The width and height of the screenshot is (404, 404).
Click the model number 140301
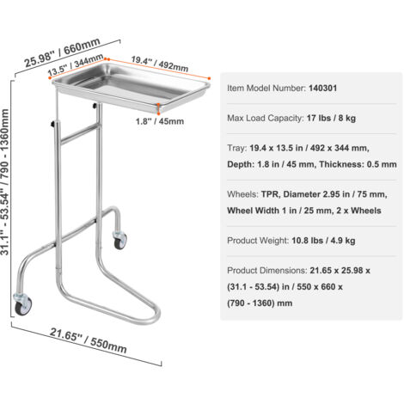[x=322, y=89]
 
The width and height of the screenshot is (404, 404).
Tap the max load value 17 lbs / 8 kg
[x=331, y=118]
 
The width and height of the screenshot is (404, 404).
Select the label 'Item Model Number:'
[x=266, y=89]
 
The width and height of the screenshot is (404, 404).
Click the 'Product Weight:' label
[x=258, y=241]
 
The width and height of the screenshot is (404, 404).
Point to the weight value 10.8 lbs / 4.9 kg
[x=323, y=241]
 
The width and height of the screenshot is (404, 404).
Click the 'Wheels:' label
[x=242, y=194]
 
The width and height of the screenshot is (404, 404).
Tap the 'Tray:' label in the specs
[x=237, y=149]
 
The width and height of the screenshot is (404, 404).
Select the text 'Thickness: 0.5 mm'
[x=358, y=164]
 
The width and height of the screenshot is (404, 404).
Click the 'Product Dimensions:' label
[x=267, y=271]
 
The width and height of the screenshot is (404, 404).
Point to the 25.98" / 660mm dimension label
[x=62, y=52]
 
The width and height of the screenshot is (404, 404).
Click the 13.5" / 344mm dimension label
[x=76, y=64]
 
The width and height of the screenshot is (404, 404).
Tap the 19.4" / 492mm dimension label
[x=160, y=64]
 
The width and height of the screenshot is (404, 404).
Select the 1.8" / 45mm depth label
[x=160, y=121]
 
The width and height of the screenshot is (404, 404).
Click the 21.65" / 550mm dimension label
[x=89, y=340]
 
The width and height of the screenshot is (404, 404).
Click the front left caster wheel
[x=23, y=305]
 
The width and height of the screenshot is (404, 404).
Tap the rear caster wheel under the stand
[x=119, y=241]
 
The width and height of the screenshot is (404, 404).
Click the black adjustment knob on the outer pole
[x=53, y=124]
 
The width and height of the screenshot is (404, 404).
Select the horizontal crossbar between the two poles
[x=79, y=133]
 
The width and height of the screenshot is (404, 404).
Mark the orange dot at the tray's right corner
[x=210, y=78]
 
